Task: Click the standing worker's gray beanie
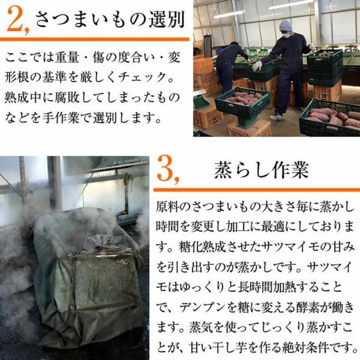286,26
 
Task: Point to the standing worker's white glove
257,66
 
